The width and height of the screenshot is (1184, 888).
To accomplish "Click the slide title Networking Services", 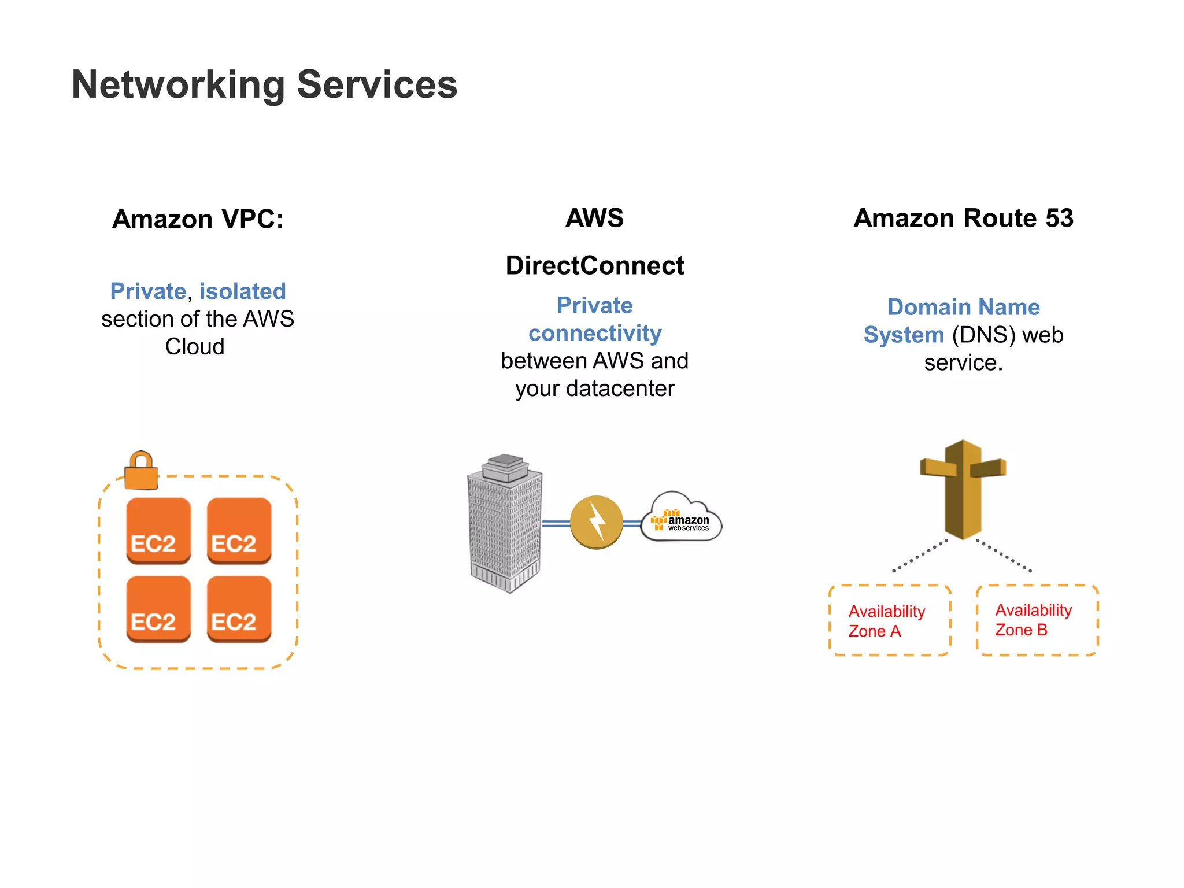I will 264,85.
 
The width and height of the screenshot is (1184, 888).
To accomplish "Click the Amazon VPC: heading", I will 198,219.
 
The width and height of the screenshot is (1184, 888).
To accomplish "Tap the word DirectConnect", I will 594,266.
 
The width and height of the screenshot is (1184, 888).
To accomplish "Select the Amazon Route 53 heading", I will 963,219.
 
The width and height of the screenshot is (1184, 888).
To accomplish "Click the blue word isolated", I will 242,291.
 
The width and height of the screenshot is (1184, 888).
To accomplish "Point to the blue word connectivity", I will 595,334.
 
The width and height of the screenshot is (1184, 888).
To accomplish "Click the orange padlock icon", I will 141,471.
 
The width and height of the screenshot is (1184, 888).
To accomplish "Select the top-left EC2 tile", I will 158,530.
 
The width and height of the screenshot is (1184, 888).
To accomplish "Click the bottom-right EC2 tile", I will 239,608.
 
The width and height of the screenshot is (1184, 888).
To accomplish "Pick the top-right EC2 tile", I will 239,530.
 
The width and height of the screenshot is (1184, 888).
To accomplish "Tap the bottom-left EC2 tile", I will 158,608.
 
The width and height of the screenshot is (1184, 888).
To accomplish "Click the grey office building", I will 505,524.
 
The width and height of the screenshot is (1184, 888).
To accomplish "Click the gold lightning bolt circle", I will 596,522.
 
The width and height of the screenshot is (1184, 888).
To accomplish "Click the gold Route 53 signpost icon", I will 963,489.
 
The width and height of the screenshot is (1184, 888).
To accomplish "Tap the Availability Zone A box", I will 890,620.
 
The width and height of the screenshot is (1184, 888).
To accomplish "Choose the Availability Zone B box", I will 1037,620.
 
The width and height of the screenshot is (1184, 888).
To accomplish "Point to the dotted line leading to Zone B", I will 1004,556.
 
